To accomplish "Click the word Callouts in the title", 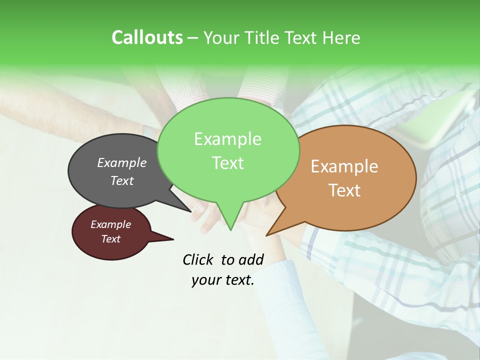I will (147, 37).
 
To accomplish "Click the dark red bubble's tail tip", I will (173, 239).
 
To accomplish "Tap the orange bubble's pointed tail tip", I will (267, 235).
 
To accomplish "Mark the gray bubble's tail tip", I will (191, 211).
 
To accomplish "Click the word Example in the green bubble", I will (227, 139).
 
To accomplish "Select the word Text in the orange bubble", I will (344, 190).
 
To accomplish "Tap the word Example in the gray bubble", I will (121, 162).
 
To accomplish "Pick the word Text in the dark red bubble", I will (110, 239).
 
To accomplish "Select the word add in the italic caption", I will (251, 259).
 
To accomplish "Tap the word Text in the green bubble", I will (227, 163).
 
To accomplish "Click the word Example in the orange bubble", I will (344, 166).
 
